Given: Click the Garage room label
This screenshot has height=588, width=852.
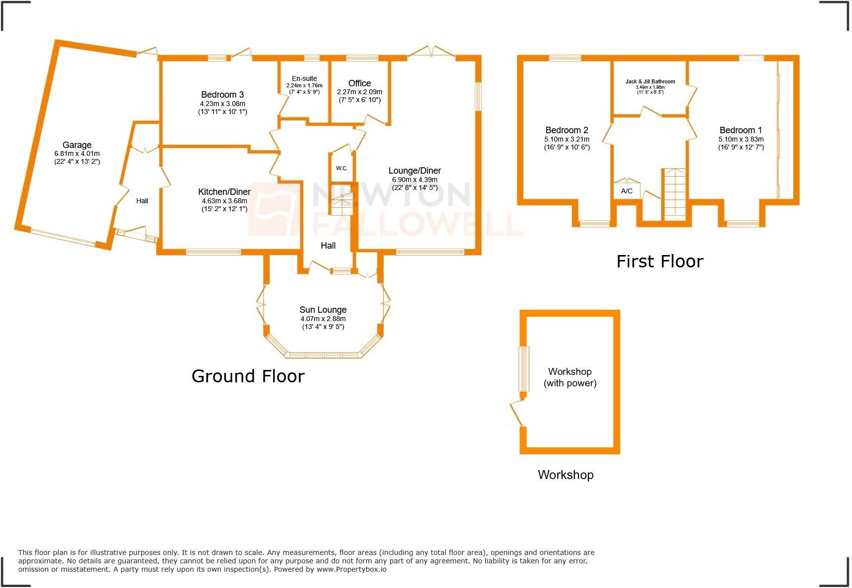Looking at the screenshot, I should click(77, 145).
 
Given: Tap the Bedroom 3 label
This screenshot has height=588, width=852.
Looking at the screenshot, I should click(222, 95).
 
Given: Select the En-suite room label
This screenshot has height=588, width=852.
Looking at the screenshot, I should click(304, 78).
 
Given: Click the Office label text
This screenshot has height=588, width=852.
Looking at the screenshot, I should click(359, 83).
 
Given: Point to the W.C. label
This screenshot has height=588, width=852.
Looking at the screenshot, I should click(342, 168).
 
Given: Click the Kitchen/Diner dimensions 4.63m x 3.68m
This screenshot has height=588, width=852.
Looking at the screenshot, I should click(224, 201).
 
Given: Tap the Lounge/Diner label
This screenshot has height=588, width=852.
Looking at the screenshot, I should click(415, 171).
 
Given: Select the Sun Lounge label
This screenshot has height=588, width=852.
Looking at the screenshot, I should click(323, 310).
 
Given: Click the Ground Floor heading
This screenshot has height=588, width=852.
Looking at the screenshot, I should click(248, 376).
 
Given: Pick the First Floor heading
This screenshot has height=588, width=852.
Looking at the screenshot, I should click(660, 261).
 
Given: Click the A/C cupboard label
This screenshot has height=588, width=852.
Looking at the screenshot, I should click(627, 191).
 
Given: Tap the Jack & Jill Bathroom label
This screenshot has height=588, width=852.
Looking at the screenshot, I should click(650, 81).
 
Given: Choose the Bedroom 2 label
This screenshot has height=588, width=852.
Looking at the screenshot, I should click(567, 130).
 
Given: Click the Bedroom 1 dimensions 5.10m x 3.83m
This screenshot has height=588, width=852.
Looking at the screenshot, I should click(741, 140).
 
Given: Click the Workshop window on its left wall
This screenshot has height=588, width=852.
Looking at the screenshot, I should click(524, 368).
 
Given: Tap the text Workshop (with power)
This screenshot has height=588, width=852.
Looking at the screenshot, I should click(570, 377).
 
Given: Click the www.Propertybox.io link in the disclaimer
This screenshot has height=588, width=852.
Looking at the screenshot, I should click(351, 569).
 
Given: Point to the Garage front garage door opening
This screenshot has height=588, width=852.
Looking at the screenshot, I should click(63, 237).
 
